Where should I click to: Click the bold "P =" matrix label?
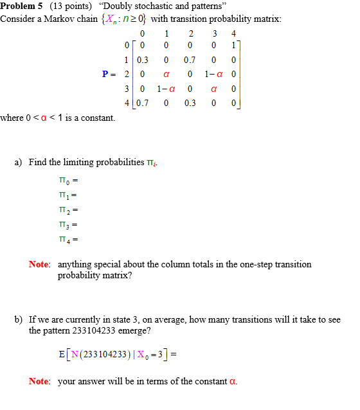[x=109, y=74]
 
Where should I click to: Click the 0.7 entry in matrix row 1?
[x=190, y=60]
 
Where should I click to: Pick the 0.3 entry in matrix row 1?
[x=142, y=60]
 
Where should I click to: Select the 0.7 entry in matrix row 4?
[x=142, y=103]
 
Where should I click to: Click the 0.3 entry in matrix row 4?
[x=190, y=103]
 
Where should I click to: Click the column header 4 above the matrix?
[x=233, y=33]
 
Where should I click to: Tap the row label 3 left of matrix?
[x=128, y=89]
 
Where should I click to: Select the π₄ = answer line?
[x=68, y=240]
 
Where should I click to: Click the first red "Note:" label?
[x=39, y=264]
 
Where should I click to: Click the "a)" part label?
[x=19, y=162]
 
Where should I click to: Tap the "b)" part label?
[x=19, y=319]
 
